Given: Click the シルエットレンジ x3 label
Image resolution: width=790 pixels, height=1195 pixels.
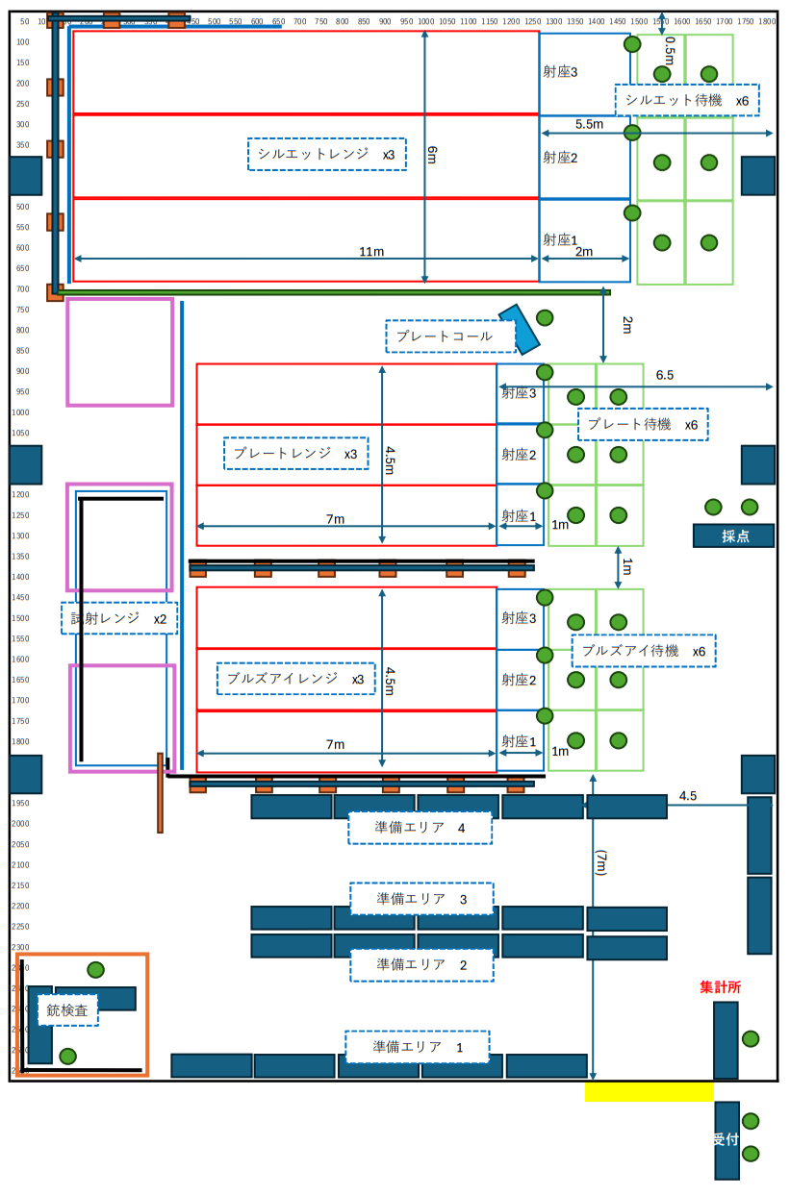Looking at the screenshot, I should pos(326,154).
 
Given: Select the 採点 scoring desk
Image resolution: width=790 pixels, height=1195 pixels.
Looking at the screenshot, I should pos(733,536).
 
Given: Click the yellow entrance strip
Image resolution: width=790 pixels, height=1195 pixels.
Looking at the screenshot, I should pos(649,1091).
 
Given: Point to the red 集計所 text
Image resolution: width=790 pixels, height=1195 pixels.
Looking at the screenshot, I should pos(720,987).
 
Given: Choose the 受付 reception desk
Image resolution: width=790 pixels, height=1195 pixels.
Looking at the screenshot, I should pos(726,1140).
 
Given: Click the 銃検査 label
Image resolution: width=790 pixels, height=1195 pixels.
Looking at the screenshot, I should pos(67,1010).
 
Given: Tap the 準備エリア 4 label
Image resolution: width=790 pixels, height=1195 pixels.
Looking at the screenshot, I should pos(420,827).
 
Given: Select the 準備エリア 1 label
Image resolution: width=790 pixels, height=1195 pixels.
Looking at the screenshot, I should pos(417,1047).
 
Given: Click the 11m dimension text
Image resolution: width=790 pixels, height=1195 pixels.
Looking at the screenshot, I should pos(371,252).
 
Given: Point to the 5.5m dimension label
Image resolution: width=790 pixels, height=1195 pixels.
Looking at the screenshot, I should pos(589,124).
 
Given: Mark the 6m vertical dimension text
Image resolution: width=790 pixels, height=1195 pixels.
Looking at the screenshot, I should pos(433,154).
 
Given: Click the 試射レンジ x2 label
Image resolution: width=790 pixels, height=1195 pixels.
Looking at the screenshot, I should pos(119,618).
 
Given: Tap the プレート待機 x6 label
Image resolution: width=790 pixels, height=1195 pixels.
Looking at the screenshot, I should pos(642,424).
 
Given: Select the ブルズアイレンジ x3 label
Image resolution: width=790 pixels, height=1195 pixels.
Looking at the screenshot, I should pos(294,679).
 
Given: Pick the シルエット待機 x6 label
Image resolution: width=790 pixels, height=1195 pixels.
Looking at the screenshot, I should pos(686,100).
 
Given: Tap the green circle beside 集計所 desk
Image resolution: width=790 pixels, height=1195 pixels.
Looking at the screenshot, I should pos(751,1038).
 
